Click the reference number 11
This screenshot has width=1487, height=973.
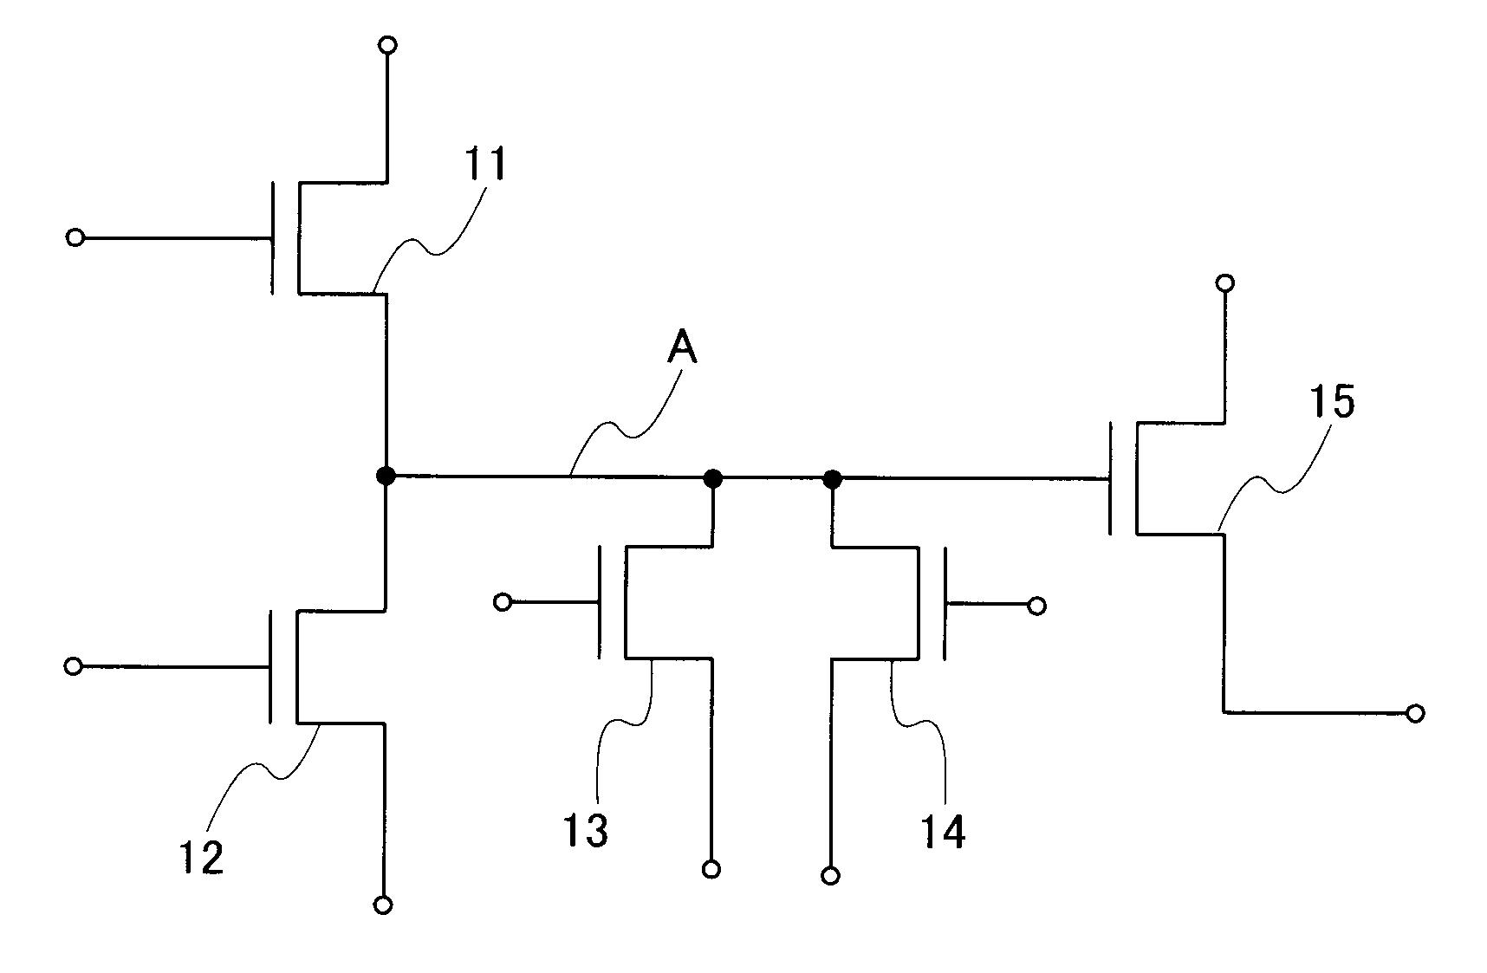tap(485, 164)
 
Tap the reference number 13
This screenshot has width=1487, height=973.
tap(586, 829)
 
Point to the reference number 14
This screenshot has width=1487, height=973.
tap(942, 831)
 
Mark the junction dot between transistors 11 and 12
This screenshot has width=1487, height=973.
tap(386, 475)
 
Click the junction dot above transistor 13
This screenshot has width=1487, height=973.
tap(712, 477)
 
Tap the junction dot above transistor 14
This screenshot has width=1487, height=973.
tap(832, 478)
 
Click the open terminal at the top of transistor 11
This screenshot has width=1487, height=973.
tap(388, 44)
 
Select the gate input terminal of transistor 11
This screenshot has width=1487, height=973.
tap(75, 237)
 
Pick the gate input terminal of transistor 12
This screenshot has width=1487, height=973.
tap(74, 665)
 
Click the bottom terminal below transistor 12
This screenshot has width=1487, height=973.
tap(383, 905)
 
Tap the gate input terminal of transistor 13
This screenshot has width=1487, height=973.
tap(503, 601)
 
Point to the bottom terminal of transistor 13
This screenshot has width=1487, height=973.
tap(711, 869)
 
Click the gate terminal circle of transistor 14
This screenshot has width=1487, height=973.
tap(1036, 606)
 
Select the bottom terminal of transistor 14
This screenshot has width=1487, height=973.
tap(830, 876)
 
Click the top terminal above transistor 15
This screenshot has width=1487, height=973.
tap(1224, 282)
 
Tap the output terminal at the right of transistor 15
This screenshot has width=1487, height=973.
tap(1415, 713)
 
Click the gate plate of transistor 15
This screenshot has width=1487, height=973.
tap(1110, 477)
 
